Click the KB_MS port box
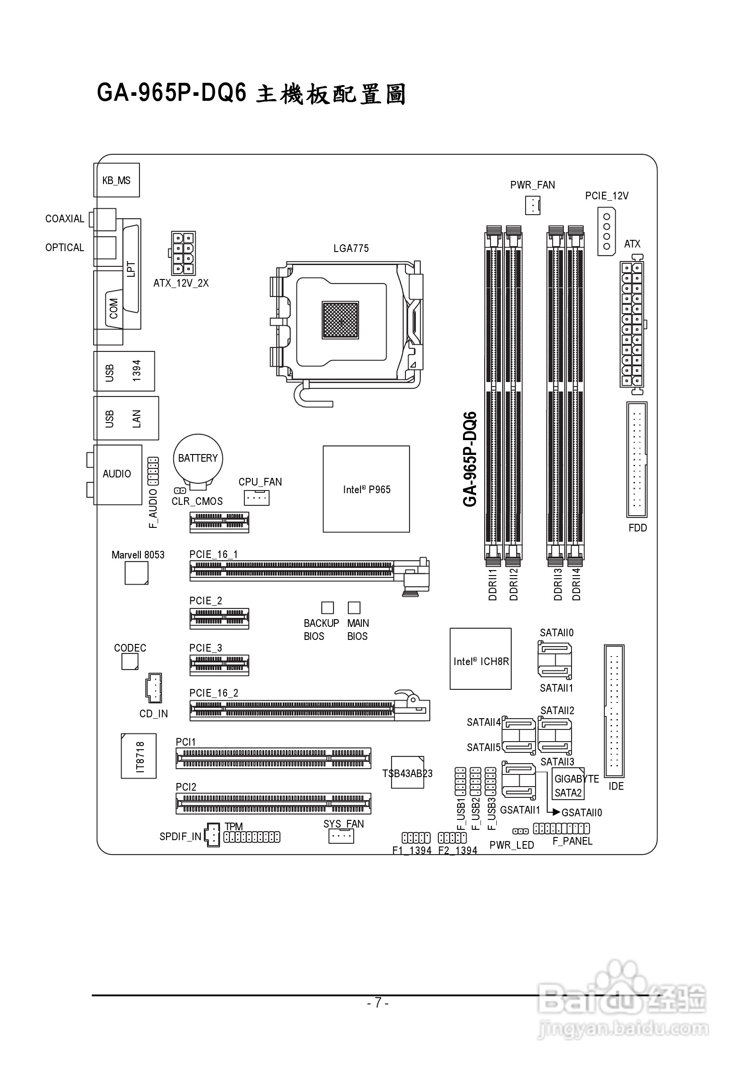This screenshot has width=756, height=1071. point(117,180)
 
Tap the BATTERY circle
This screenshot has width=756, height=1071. point(198,459)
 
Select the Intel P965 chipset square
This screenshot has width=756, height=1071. point(366,489)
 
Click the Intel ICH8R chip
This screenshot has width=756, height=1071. point(480,659)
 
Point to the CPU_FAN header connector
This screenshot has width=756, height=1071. point(256,498)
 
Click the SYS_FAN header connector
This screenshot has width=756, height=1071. point(342,836)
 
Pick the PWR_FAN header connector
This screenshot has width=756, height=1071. point(533,205)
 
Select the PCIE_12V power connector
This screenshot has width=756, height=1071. point(606,231)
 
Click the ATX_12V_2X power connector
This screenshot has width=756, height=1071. point(183,253)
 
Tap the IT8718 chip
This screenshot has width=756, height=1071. point(139,756)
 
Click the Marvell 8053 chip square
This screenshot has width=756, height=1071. point(136,573)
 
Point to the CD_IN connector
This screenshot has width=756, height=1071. point(154,688)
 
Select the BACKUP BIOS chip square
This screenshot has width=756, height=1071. point(328,607)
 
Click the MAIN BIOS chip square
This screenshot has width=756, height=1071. point(355,607)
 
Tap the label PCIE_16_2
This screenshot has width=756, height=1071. point(214,693)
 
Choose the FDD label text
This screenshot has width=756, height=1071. point(638,527)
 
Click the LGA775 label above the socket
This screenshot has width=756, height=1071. point(351,248)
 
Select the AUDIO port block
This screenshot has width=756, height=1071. point(117,474)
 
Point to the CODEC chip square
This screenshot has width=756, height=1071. point(130,661)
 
